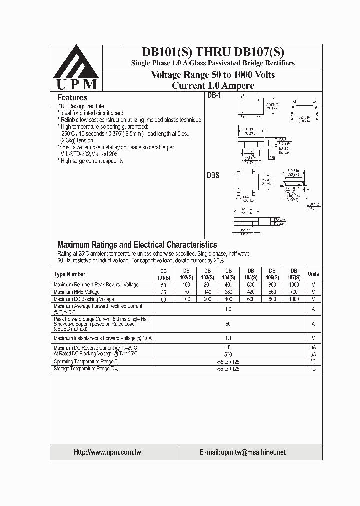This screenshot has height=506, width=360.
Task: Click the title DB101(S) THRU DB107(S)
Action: pyautogui.click(x=213, y=52)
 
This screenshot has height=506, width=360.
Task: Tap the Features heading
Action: pyautogui.click(x=72, y=98)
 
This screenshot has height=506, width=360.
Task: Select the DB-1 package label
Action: pyautogui.click(x=214, y=96)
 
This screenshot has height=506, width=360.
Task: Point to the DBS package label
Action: pyautogui.click(x=213, y=176)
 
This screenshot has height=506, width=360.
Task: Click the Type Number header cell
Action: pyautogui.click(x=70, y=274)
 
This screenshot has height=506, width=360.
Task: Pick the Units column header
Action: pyautogui.click(x=313, y=274)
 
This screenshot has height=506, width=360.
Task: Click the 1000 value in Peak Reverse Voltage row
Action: pyautogui.click(x=294, y=285)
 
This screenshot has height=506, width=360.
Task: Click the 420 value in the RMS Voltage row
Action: pyautogui.click(x=251, y=292)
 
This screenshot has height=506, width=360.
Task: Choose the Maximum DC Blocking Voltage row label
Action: pyautogui.click(x=84, y=299)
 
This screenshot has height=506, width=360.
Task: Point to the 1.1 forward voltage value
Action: pyautogui.click(x=228, y=338)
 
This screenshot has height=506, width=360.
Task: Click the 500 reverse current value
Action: pyautogui.click(x=228, y=354)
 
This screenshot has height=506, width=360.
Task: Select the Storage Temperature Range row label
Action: pyautogui.click(x=86, y=369)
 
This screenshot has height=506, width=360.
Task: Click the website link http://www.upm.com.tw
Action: pyautogui.click(x=107, y=452)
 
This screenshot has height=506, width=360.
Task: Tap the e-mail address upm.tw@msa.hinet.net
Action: pyautogui.click(x=242, y=452)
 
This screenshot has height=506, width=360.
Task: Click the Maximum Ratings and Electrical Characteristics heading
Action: pyautogui.click(x=137, y=245)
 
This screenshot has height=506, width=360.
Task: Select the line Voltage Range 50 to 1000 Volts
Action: pyautogui.click(x=213, y=75)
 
